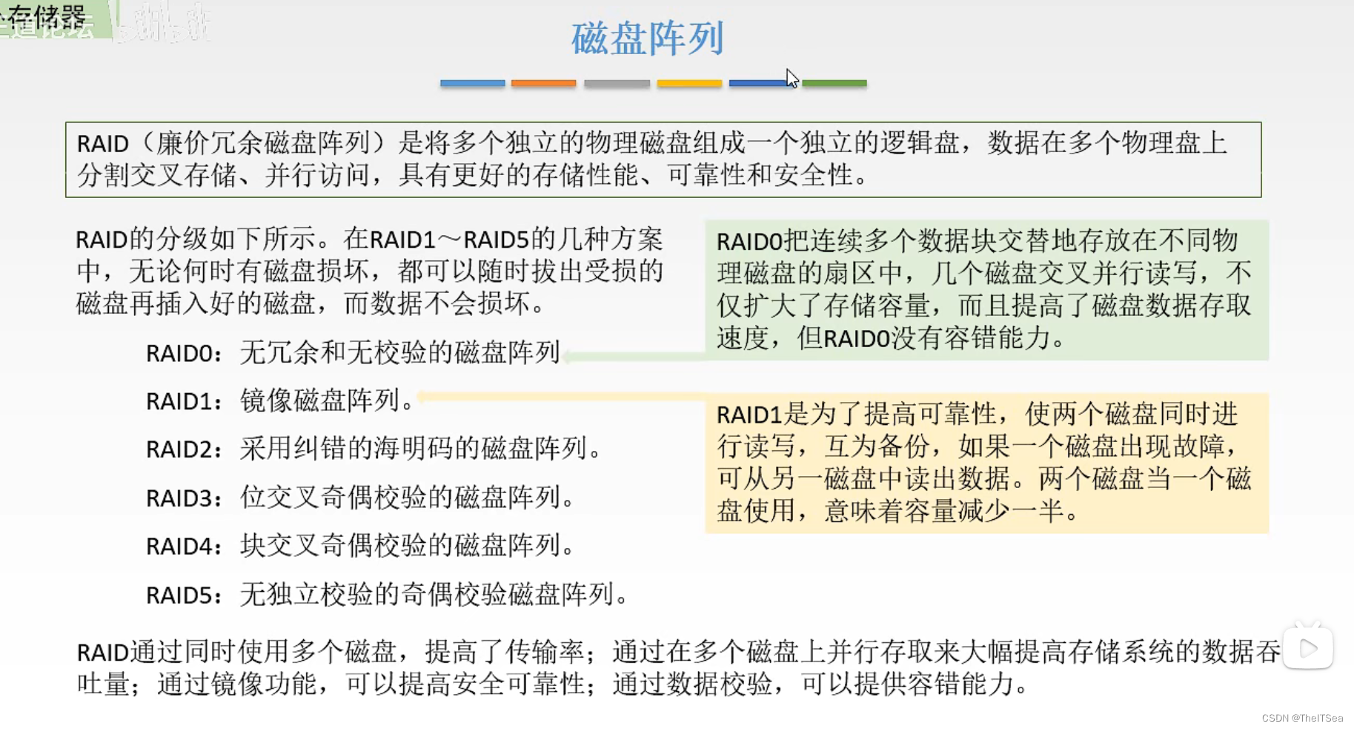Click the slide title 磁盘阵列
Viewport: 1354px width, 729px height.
(647, 39)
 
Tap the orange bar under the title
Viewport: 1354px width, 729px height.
(543, 83)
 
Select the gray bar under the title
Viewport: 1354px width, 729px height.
(617, 83)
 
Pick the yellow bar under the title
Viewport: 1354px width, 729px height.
(689, 83)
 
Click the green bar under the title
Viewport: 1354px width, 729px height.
(834, 83)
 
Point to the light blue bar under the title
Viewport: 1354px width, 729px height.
(472, 83)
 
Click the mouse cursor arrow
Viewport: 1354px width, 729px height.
(792, 78)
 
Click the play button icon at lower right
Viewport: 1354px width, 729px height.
(1308, 648)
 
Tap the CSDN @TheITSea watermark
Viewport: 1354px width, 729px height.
(1302, 718)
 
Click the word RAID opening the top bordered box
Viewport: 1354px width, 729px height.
(103, 143)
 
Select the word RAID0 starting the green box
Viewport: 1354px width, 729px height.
(749, 242)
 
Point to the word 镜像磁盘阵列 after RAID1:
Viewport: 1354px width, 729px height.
(320, 400)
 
